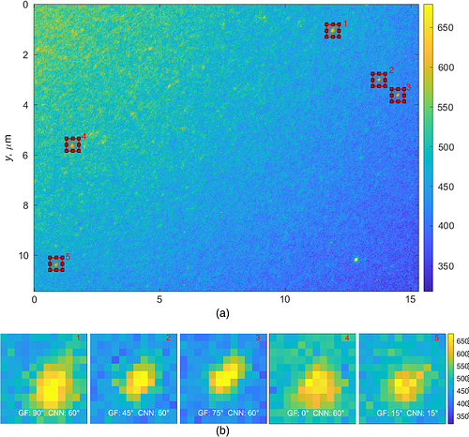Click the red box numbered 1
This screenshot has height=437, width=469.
pyautogui.click(x=333, y=30)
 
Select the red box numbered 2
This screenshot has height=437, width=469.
pyautogui.click(x=379, y=80)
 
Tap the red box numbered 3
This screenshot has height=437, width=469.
pyautogui.click(x=398, y=95)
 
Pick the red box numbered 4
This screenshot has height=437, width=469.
pyautogui.click(x=73, y=143)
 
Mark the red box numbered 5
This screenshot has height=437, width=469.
pyautogui.click(x=56, y=263)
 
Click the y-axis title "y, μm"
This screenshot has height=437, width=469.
pyautogui.click(x=8, y=146)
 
